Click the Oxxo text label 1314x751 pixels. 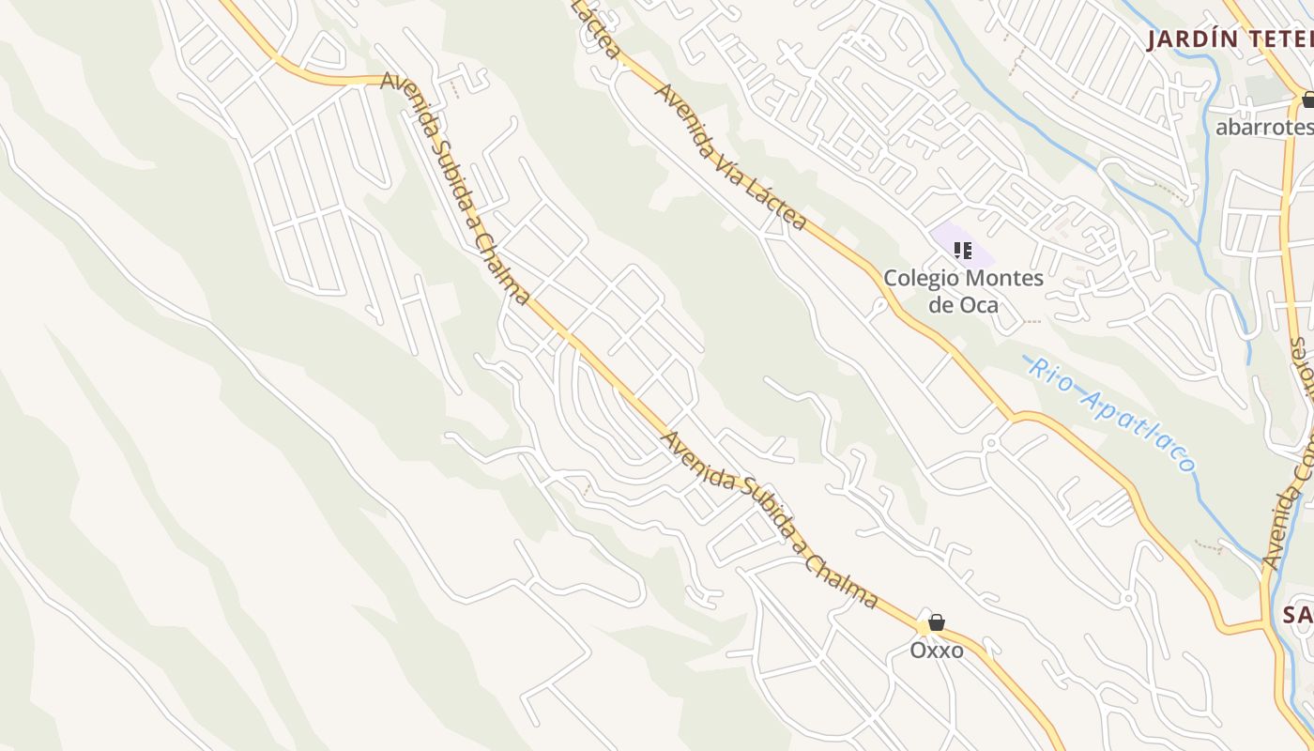tap(936, 650)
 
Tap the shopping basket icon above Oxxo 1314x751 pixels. tap(936, 622)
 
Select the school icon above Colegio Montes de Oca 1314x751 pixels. tap(962, 250)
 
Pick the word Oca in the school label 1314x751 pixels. tap(980, 305)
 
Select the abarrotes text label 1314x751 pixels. tap(1263, 127)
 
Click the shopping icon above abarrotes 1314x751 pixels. tap(1308, 100)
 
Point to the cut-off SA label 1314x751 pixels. tap(1298, 615)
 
